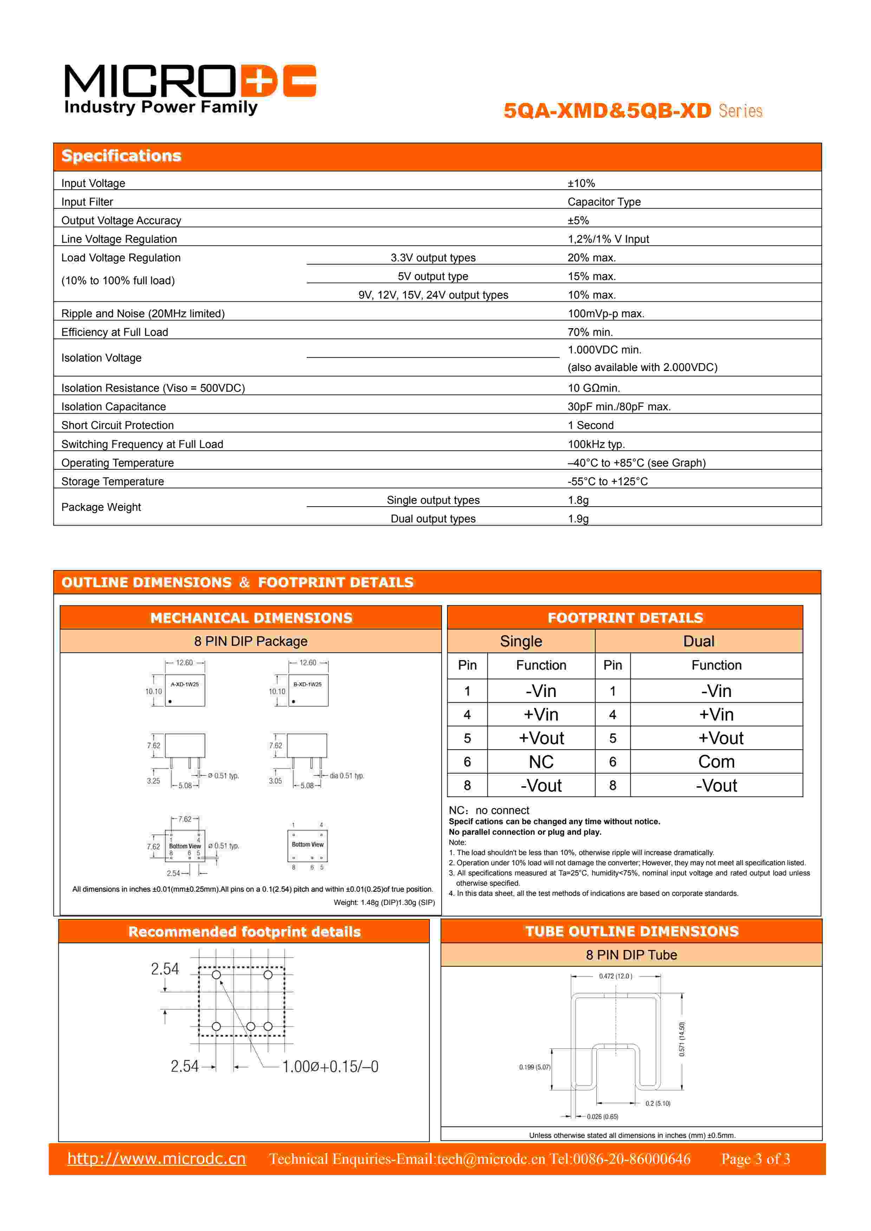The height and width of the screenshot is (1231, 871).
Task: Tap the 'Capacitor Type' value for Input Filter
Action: pyautogui.click(x=604, y=202)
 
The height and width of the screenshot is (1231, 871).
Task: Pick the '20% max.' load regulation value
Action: pyautogui.click(x=592, y=258)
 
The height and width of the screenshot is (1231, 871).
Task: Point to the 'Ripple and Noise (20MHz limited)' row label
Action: pyautogui.click(x=143, y=314)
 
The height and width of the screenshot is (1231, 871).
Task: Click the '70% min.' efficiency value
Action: pyautogui.click(x=590, y=332)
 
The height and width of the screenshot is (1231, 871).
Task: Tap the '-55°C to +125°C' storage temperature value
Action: pyautogui.click(x=607, y=481)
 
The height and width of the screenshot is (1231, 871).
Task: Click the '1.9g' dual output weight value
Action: pyautogui.click(x=578, y=519)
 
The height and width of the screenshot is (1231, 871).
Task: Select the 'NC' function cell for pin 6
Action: pyautogui.click(x=541, y=762)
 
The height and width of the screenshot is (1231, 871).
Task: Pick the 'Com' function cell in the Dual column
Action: pyautogui.click(x=716, y=762)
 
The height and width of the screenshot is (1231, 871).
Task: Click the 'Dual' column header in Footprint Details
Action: pyautogui.click(x=698, y=641)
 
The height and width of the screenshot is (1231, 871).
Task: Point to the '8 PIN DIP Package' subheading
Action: pyautogui.click(x=251, y=641)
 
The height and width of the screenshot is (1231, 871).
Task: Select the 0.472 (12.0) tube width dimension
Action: pyautogui.click(x=616, y=976)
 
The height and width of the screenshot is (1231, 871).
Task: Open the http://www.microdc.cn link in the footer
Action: pyautogui.click(x=157, y=1159)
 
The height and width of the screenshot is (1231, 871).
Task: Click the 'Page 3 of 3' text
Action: pyautogui.click(x=755, y=1159)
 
